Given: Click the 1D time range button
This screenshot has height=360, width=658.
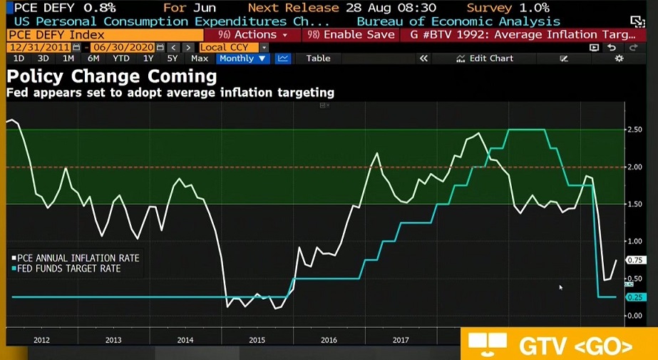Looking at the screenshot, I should (19, 58).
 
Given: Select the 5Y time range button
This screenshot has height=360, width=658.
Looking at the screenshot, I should (172, 58).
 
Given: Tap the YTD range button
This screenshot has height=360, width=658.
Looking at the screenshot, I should (121, 58).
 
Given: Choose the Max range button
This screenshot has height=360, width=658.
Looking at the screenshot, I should (200, 58).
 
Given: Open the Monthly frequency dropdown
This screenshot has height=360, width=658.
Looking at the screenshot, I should (243, 58).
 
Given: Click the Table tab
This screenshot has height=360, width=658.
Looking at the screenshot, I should (318, 58).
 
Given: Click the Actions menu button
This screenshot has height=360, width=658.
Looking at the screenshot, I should (252, 34).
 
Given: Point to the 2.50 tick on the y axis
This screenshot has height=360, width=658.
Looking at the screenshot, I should (634, 130).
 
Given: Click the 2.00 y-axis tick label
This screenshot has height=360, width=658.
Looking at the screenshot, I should (634, 167).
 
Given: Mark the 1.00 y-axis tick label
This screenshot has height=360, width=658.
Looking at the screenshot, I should (634, 241).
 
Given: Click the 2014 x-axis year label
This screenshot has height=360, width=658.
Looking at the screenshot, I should (185, 340).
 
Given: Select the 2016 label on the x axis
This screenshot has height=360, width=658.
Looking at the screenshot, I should (329, 340).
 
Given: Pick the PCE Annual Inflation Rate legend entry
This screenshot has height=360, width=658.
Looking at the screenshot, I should (75, 258).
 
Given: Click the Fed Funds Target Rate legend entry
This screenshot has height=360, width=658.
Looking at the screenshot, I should (68, 269).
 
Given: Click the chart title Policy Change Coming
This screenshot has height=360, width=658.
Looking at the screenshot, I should (111, 76).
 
